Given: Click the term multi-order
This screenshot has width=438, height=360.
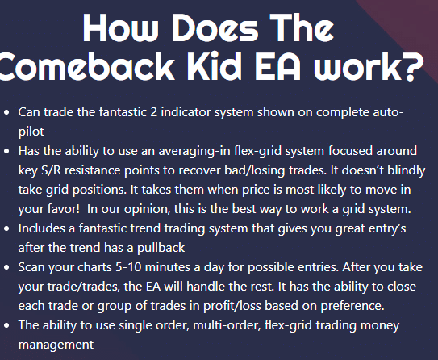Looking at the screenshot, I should (227, 324).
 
